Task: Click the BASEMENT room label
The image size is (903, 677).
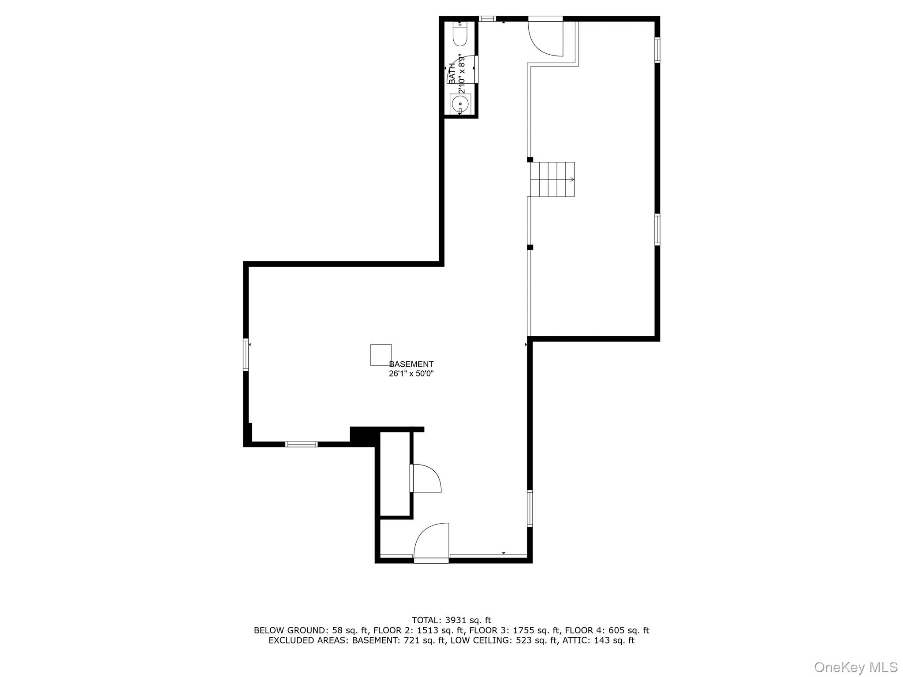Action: pyautogui.click(x=411, y=364)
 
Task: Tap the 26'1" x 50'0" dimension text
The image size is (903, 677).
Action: pyautogui.click(x=411, y=374)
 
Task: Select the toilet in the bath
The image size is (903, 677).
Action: pyautogui.click(x=459, y=33)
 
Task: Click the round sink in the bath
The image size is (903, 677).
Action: pyautogui.click(x=460, y=104)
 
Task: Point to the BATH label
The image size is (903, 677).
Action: pyautogui.click(x=452, y=74)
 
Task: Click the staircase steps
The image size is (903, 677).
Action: pyautogui.click(x=552, y=179)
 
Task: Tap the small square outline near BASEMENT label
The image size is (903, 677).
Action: pyautogui.click(x=381, y=355)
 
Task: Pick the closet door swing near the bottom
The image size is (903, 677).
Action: pyautogui.click(x=426, y=478)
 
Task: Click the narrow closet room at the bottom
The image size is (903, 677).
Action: pyautogui.click(x=395, y=473)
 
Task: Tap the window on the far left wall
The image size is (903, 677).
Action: pyautogui.click(x=246, y=354)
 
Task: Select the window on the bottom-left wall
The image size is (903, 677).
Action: pyautogui.click(x=301, y=444)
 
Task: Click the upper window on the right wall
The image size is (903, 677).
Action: pyautogui.click(x=657, y=50)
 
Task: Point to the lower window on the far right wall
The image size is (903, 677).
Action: pyautogui.click(x=657, y=229)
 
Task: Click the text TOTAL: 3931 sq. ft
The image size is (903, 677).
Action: pyautogui.click(x=451, y=621)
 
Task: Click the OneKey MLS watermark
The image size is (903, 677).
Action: pyautogui.click(x=856, y=667)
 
